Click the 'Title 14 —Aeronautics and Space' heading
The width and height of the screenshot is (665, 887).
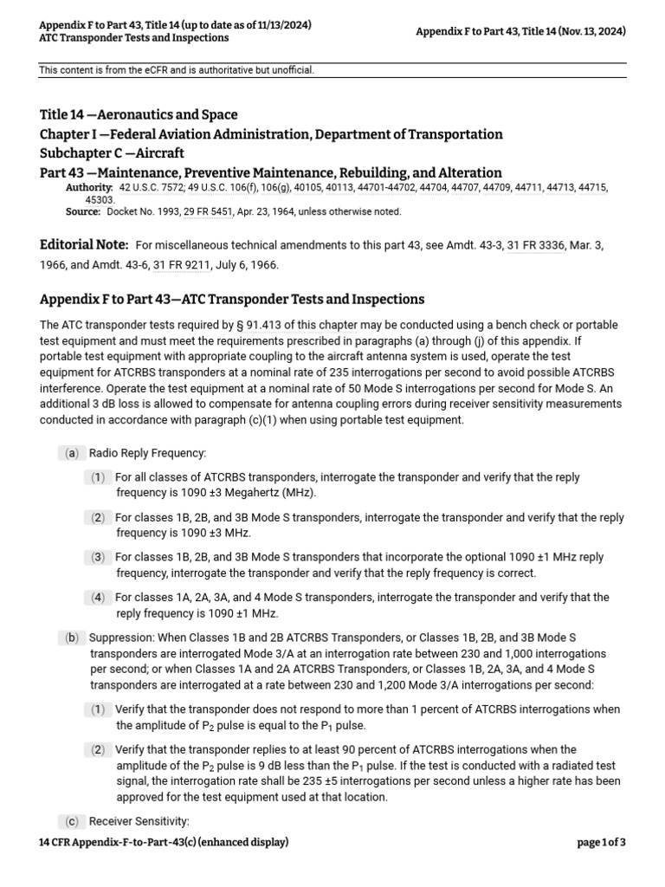(x=139, y=114)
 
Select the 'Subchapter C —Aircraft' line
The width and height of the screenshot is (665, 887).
(x=112, y=153)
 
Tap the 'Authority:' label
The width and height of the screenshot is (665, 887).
(x=89, y=187)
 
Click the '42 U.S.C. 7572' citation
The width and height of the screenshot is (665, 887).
(x=152, y=187)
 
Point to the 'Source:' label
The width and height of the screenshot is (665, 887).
(x=83, y=211)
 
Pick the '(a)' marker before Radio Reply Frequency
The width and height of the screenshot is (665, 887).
(x=71, y=453)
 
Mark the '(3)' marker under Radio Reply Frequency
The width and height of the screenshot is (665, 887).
(x=98, y=557)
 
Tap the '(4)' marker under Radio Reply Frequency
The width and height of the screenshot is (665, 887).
(x=98, y=597)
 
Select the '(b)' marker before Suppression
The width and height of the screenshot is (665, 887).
(x=71, y=638)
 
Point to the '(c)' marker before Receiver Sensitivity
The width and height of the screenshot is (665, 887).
(x=71, y=821)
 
